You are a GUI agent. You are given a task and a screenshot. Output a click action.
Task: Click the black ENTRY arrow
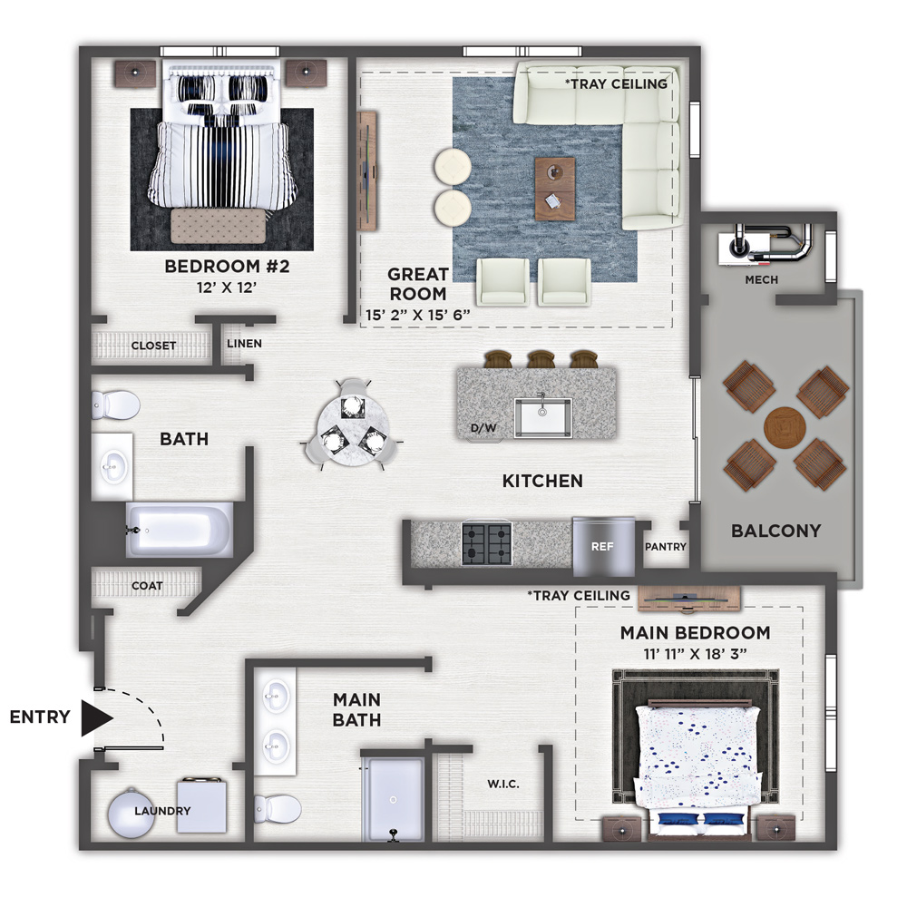95,718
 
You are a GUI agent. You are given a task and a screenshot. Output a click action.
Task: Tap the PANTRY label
665,547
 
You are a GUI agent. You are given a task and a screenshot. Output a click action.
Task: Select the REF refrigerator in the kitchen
603,546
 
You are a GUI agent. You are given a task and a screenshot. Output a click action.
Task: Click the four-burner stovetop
487,543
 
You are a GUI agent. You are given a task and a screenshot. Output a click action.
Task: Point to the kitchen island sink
542,417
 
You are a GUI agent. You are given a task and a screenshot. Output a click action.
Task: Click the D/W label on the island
483,428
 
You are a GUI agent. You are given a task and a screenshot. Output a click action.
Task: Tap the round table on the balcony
785,428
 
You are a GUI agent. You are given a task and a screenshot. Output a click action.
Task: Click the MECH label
761,280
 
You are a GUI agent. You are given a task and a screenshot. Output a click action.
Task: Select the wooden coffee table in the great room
555,189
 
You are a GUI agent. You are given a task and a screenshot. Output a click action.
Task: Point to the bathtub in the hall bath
180,530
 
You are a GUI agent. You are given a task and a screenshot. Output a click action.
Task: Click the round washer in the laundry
132,812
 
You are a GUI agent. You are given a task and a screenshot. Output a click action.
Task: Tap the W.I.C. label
503,785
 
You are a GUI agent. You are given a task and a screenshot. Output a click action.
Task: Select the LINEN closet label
244,344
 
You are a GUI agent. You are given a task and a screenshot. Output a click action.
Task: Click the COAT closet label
147,586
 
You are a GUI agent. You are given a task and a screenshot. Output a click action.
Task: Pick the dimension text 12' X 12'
227,288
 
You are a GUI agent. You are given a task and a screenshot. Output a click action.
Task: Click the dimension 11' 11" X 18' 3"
695,654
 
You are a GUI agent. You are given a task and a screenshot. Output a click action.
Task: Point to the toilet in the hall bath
116,405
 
